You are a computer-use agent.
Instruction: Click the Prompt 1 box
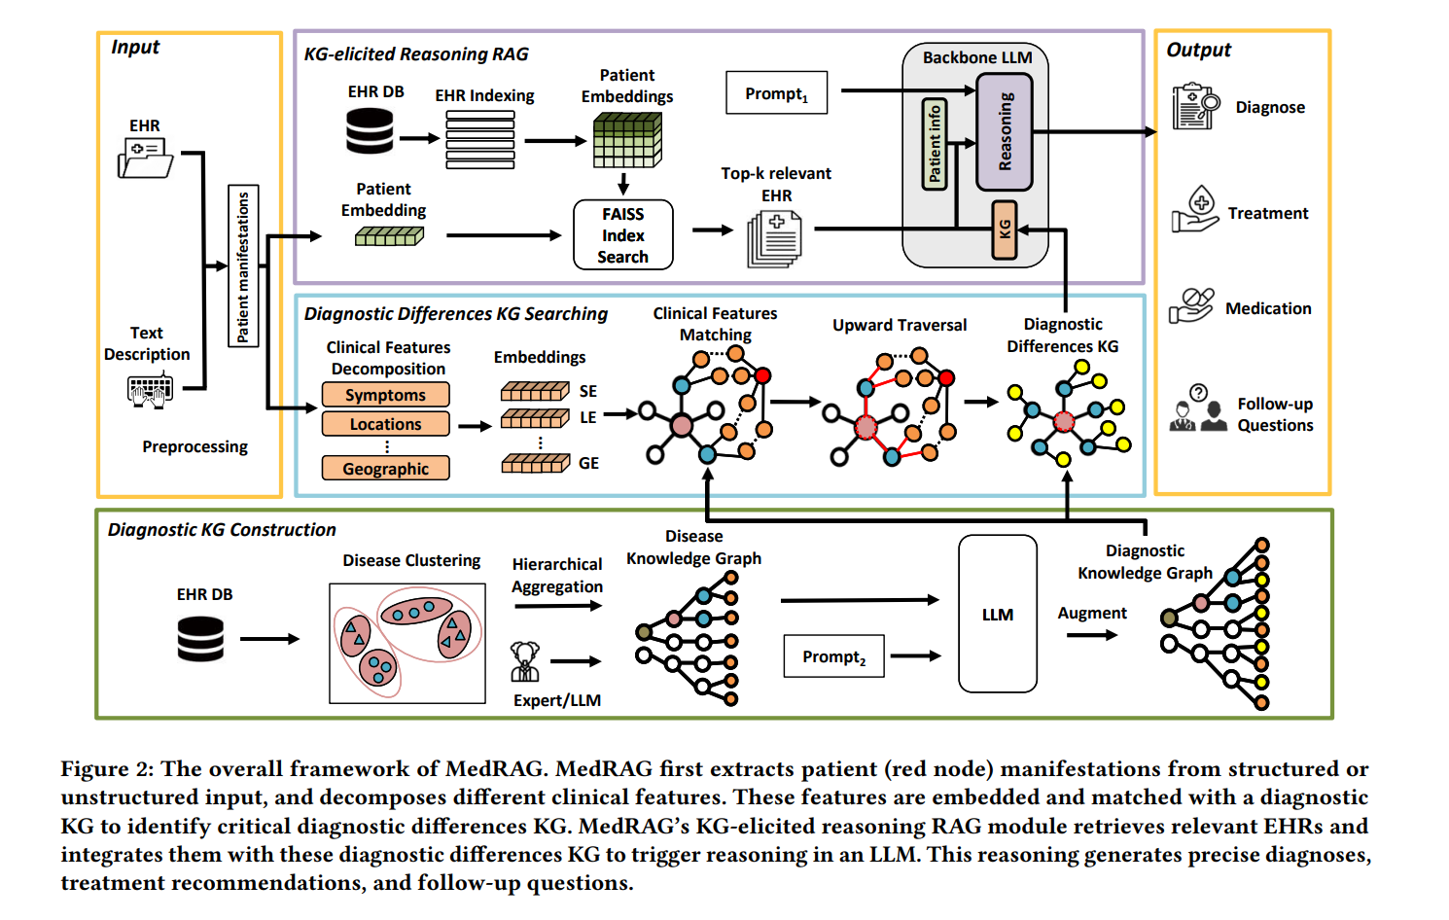coord(776,93)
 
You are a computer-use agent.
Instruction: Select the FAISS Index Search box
coord(622,234)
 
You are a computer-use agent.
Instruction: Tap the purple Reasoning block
coord(1005,131)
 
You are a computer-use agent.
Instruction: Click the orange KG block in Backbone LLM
coord(1005,230)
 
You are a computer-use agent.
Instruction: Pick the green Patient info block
coord(934,144)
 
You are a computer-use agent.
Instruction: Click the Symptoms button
coord(385,395)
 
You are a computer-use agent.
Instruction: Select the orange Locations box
coord(385,424)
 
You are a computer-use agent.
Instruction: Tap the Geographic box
coord(385,469)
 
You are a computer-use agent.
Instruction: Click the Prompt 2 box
coord(833,656)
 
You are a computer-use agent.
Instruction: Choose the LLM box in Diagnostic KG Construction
coord(997,614)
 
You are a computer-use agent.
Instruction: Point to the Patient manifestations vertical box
coord(242,265)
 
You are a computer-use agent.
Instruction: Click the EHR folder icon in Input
coord(145,158)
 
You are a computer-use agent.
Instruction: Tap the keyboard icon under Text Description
coord(150,391)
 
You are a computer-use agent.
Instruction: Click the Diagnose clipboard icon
coord(1195,107)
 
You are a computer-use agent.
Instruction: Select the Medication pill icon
coord(1191,305)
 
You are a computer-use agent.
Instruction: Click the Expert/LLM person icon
coord(525,662)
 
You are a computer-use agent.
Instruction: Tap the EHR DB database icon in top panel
coord(370,131)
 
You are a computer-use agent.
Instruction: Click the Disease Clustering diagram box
coord(406,643)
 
